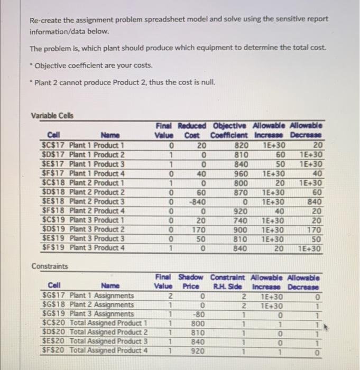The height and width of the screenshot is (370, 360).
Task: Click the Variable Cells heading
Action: coord(52,115)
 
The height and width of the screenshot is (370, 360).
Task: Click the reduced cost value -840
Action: coord(198,201)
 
